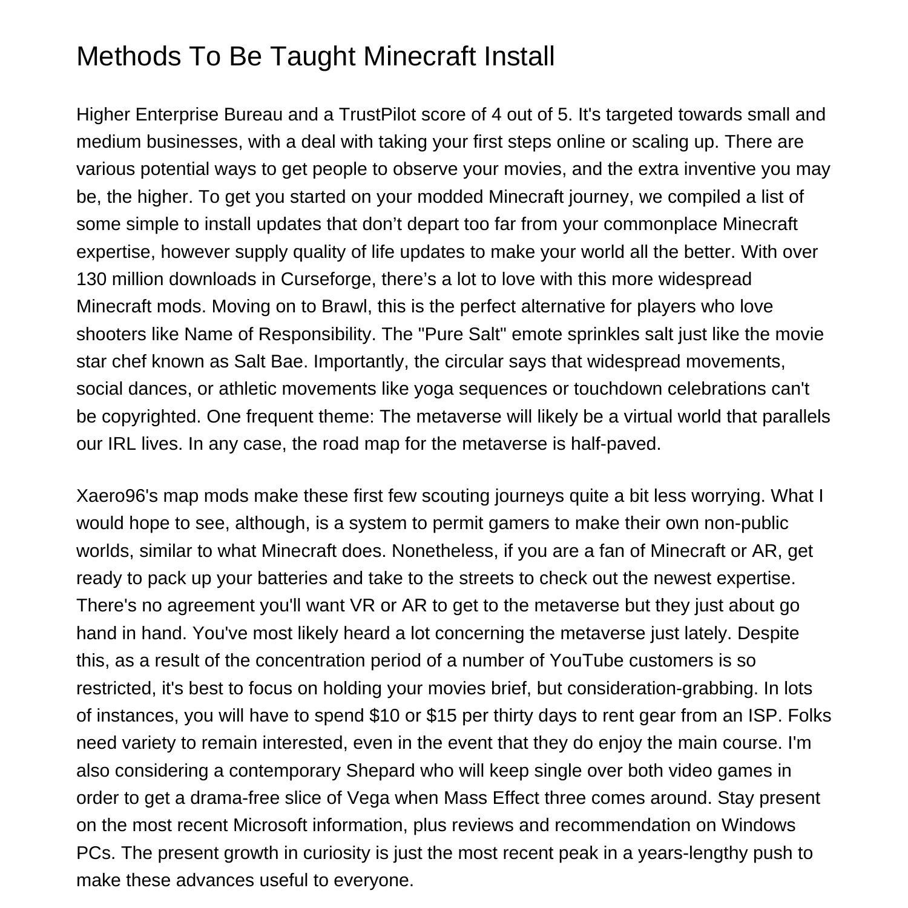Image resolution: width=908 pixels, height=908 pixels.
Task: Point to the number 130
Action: (x=90, y=279)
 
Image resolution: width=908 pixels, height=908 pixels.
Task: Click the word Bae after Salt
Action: (x=288, y=361)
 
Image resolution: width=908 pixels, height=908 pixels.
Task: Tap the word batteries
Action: (x=292, y=578)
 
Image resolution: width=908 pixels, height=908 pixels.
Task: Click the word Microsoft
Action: (x=270, y=825)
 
